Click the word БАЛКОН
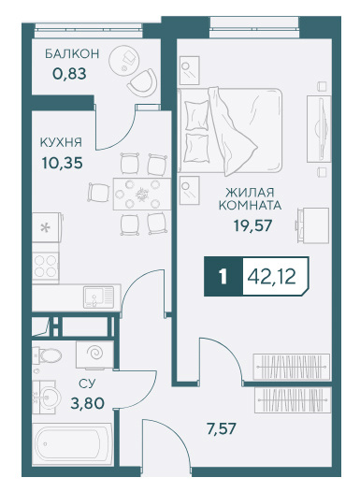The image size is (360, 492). coord(72,53)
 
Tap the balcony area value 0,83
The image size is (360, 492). coord(69,74)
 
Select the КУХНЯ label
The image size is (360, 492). coord(61,142)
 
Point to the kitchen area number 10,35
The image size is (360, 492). coord(62,163)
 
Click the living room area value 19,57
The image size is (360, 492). coord(252,225)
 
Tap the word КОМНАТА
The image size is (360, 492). coord(250,206)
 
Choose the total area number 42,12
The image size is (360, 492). coord(271,277)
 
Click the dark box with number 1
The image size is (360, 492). coord(223,277)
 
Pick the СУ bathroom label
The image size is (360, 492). coord(87,383)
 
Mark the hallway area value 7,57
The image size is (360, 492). coord(221,428)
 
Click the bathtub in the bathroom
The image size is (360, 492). coord(72,443)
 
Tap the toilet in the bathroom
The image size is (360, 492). coord(47,355)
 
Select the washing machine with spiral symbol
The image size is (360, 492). coord(94,355)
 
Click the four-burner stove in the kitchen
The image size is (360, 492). coord(46,267)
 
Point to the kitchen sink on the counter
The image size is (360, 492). coord(98,297)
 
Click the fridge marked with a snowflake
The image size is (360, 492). coord(47,227)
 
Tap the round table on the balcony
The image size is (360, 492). coord(123,60)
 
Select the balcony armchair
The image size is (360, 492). coord(143,83)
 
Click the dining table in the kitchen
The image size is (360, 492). coord(142,195)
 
